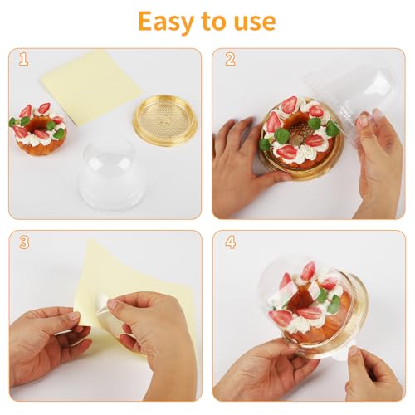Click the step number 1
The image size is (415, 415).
[24, 59]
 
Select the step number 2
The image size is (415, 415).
[230, 59]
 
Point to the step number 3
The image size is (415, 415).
[25, 242]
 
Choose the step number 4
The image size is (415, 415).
[231, 242]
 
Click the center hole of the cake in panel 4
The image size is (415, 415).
[300, 300]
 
